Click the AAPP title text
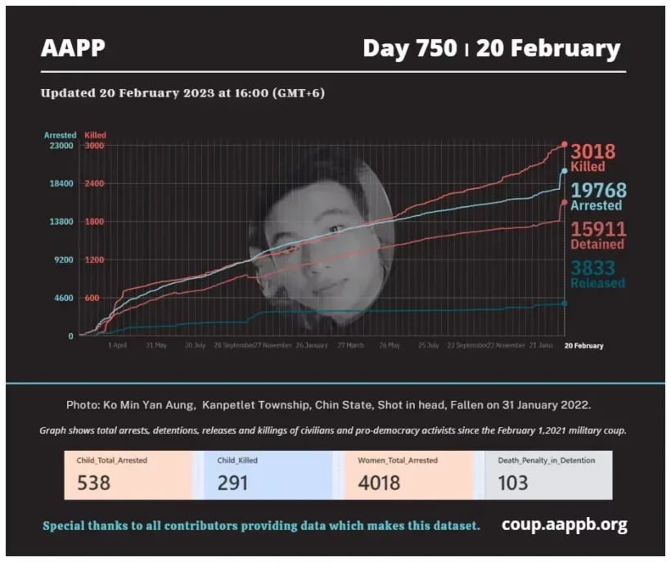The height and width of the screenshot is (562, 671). [74, 48]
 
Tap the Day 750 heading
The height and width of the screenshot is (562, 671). [409, 48]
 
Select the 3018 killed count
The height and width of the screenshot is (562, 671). [592, 151]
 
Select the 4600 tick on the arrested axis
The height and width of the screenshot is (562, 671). [63, 298]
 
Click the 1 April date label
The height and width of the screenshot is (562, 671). [118, 345]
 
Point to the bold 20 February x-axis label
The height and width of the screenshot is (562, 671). [584, 345]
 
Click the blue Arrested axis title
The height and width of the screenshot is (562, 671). [60, 135]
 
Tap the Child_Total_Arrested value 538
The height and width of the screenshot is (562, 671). [93, 483]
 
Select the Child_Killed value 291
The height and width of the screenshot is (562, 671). [232, 483]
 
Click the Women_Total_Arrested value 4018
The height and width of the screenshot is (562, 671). [379, 483]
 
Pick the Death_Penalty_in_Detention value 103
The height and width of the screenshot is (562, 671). [513, 483]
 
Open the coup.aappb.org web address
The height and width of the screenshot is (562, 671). [565, 524]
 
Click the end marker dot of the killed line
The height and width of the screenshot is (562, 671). [565, 145]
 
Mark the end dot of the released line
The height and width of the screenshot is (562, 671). [565, 303]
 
